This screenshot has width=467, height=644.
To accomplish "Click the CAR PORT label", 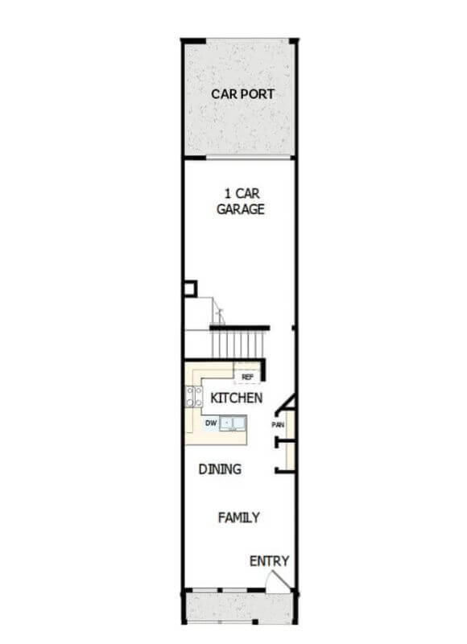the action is coord(242,94).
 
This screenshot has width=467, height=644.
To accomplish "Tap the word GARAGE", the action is coord(240,209).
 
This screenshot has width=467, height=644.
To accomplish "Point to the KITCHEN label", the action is coord(236,398).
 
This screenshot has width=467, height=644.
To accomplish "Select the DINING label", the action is coord(220,469).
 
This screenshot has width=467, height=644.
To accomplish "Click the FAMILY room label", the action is coord(238,518).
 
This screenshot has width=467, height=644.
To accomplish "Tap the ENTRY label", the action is coord(269,561).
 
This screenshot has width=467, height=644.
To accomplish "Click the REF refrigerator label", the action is coord(247,377).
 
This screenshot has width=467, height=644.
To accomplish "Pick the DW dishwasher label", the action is coord(211,423).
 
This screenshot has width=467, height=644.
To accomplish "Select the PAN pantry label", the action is coord(278,425).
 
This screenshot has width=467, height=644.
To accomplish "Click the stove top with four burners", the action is coord(194,396).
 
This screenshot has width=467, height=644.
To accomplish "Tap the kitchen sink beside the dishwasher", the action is coord(233,423).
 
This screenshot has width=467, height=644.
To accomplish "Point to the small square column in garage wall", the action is coord(191,289).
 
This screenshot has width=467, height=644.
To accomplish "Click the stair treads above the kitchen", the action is coord(238,345).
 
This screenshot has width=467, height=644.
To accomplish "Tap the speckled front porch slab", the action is coord(238,607).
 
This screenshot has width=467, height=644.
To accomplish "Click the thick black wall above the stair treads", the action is coord(239,328).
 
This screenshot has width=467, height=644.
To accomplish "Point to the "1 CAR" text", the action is coord(242,193).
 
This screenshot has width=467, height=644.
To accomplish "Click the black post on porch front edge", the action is coord(254,621).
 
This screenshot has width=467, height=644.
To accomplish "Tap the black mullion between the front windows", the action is coord(220,591).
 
